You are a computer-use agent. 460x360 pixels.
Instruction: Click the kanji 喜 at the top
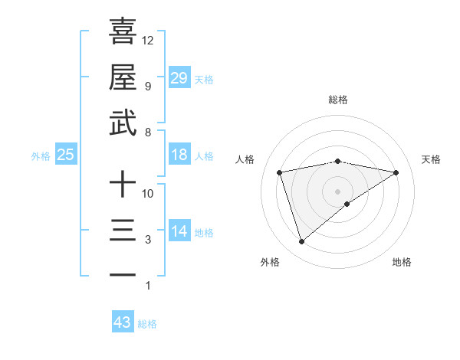tap(123, 31)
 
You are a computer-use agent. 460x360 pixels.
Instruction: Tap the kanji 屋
tap(123, 77)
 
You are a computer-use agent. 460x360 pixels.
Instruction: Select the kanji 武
tap(123, 123)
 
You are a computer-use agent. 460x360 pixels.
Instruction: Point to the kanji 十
tap(123, 185)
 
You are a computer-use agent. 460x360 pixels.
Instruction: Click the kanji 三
tap(123, 231)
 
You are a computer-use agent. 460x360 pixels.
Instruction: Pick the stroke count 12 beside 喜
tap(148, 39)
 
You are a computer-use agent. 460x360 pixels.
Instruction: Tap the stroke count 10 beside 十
tap(148, 194)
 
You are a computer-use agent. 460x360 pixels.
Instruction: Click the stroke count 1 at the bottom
tap(148, 286)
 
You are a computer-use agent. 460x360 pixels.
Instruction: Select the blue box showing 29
tap(179, 77)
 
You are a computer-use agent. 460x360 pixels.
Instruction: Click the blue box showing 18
tap(179, 155)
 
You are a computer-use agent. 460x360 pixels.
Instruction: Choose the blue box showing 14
tap(179, 231)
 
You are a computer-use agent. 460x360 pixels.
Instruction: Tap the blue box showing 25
tap(66, 155)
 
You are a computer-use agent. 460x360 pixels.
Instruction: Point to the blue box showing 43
tap(123, 322)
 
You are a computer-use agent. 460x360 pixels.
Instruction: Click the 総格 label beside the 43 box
tap(147, 324)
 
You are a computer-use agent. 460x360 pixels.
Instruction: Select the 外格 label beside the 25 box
tap(41, 156)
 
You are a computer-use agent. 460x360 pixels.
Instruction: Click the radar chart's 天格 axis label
tap(431, 159)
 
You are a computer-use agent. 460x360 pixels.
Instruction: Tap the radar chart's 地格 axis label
tap(402, 262)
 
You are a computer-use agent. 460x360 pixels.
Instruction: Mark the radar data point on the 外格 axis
tap(301, 242)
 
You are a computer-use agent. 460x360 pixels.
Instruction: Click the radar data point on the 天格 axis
tap(396, 172)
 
